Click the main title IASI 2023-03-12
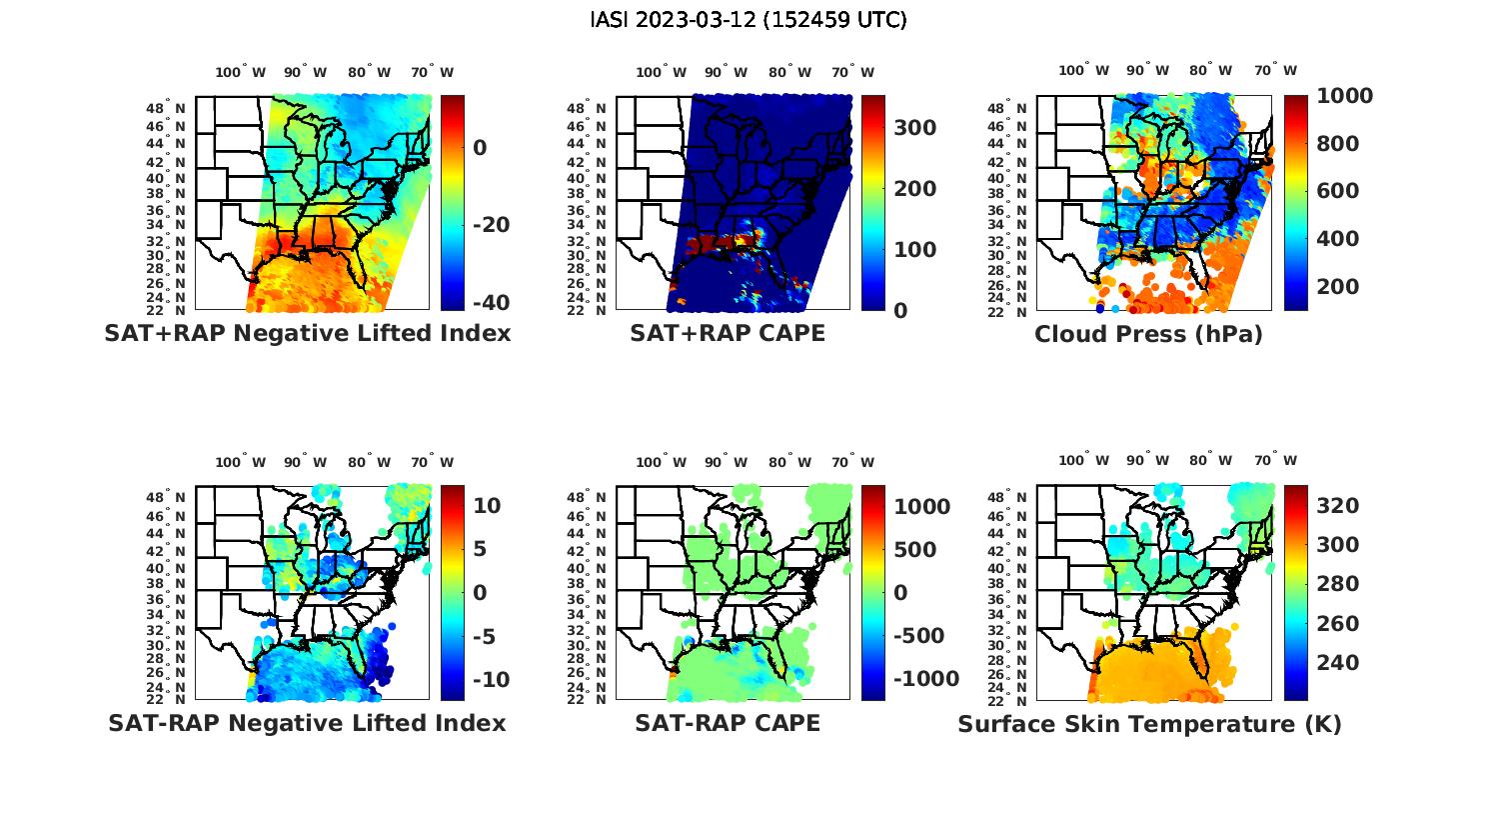point(749,20)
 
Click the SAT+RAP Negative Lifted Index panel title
point(307,334)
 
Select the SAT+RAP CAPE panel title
point(728,334)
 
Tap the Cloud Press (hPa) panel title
point(1148,334)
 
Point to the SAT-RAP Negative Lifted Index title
point(307,723)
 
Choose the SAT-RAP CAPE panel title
point(728,723)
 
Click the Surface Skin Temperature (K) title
point(1149,724)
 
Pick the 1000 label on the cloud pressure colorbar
point(1344,96)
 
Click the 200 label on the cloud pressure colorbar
point(1339,287)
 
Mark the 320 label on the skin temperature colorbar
point(1339,506)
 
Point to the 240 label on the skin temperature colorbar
point(1339,663)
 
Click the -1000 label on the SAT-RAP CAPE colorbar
point(926,680)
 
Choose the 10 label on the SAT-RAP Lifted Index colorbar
point(487,506)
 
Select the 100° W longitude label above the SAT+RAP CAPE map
point(662,72)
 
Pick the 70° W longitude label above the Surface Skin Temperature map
point(1275,461)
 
